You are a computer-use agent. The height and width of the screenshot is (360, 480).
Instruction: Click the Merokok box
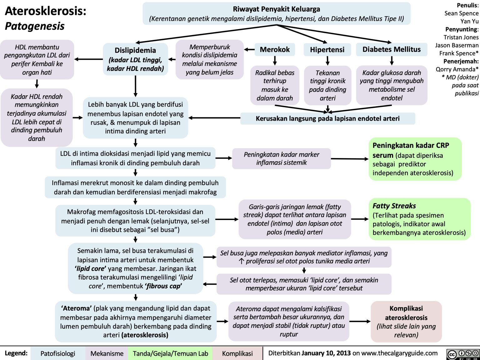pyautogui.click(x=275, y=50)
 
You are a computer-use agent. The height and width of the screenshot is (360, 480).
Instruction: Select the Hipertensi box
pyautogui.click(x=327, y=50)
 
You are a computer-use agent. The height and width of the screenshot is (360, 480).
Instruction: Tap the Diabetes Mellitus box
pyautogui.click(x=392, y=49)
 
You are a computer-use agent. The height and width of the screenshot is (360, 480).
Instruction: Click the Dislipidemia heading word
pyautogui.click(x=135, y=50)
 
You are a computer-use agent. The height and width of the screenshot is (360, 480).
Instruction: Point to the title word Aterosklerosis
pyautogui.click(x=46, y=11)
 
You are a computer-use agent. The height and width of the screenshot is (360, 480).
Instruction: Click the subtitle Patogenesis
pyautogui.click(x=35, y=26)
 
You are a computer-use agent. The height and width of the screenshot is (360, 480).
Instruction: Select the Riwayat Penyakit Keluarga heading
pyautogui.click(x=276, y=9)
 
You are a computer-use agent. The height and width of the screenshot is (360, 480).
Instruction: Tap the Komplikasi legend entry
pyautogui.click(x=237, y=353)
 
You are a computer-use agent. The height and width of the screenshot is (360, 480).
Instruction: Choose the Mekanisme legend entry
pyautogui.click(x=107, y=353)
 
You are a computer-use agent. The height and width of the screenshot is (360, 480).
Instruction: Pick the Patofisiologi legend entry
pyautogui.click(x=58, y=353)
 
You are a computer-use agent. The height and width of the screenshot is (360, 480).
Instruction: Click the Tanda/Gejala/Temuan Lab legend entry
pyautogui.click(x=170, y=353)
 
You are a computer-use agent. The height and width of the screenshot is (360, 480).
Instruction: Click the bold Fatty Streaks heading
pyautogui.click(x=394, y=206)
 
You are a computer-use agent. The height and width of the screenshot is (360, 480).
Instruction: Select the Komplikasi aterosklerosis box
pyautogui.click(x=406, y=322)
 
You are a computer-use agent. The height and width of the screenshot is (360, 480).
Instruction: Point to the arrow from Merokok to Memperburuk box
pyautogui.click(x=249, y=49)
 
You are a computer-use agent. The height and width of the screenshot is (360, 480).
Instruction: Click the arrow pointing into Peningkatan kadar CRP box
pyautogui.click(x=350, y=159)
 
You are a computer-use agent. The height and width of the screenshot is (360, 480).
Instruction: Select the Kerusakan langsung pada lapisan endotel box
pyautogui.click(x=327, y=119)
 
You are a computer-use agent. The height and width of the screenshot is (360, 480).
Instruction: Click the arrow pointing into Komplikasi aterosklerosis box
pyautogui.click(x=360, y=321)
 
